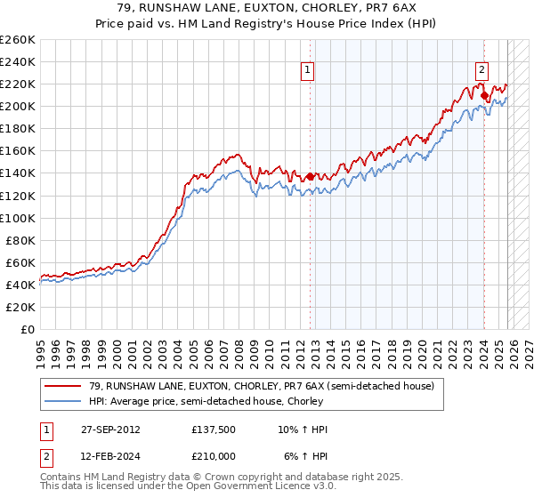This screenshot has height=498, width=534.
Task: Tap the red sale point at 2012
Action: [310, 176]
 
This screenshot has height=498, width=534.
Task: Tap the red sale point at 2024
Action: [483, 95]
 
